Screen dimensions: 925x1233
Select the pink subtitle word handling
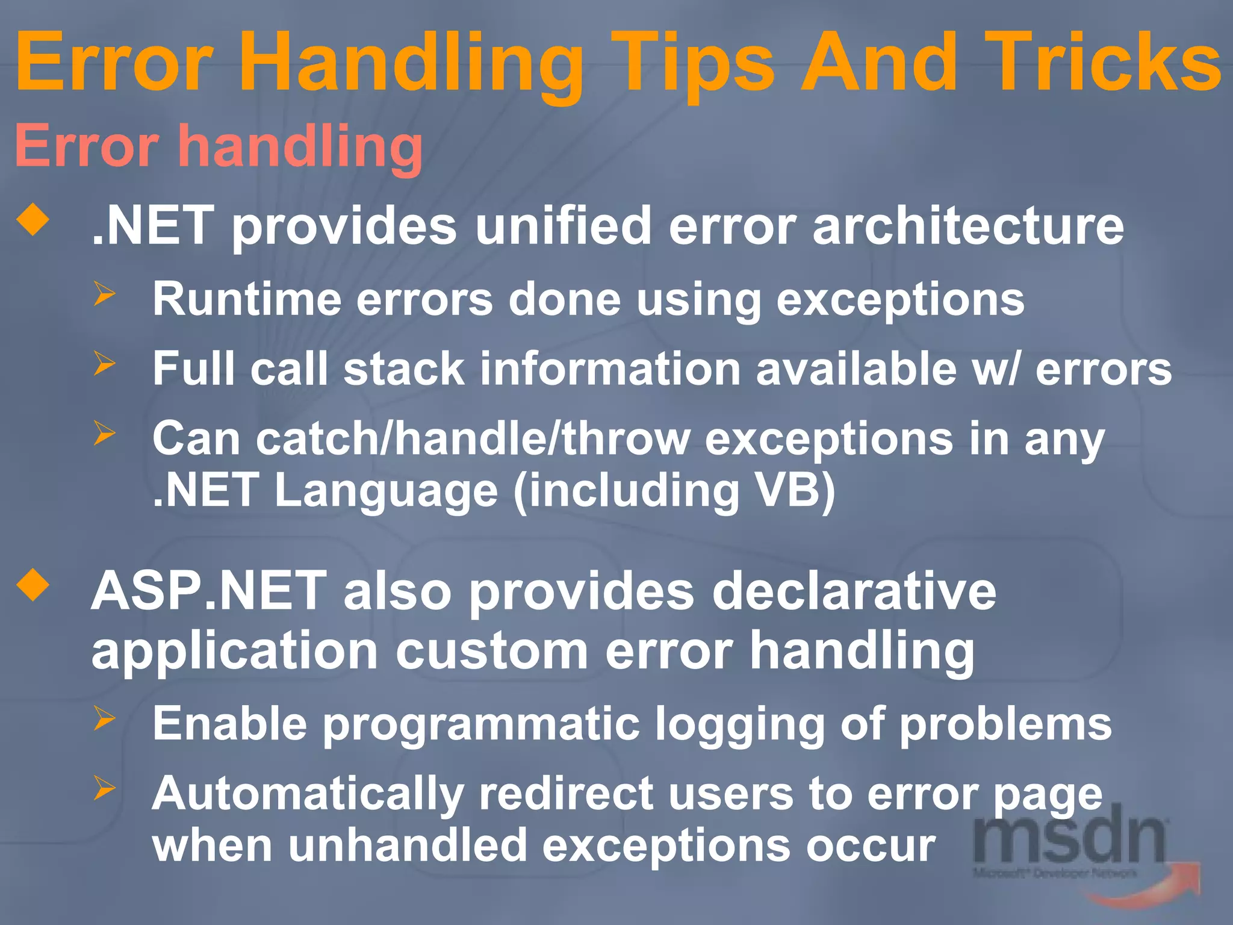pos(301,146)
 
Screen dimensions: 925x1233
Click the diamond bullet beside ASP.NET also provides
pos(33,585)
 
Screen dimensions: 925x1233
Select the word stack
pos(403,369)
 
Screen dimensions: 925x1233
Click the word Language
pos(386,491)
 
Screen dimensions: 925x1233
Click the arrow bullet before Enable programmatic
pos(104,718)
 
